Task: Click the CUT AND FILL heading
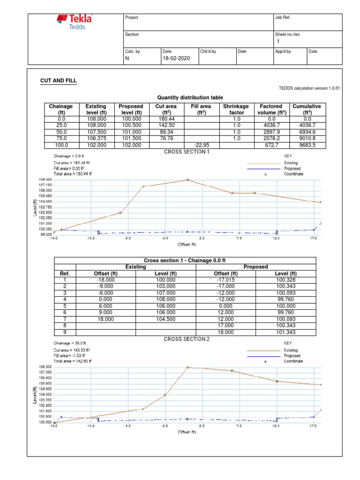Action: pyautogui.click(x=58, y=81)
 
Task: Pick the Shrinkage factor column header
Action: pyautogui.click(x=236, y=110)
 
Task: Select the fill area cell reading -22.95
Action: pyautogui.click(x=201, y=145)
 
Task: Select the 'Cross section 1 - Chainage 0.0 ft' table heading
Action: pyautogui.click(x=185, y=261)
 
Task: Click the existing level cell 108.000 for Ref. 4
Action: pyautogui.click(x=165, y=300)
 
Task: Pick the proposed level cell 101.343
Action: pyautogui.click(x=286, y=332)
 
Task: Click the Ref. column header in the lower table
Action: pyautogui.click(x=65, y=274)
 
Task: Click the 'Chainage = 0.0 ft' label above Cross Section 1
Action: pyautogui.click(x=68, y=156)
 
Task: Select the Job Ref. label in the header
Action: pyautogui.click(x=284, y=18)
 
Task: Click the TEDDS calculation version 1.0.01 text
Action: pyautogui.click(x=309, y=88)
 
